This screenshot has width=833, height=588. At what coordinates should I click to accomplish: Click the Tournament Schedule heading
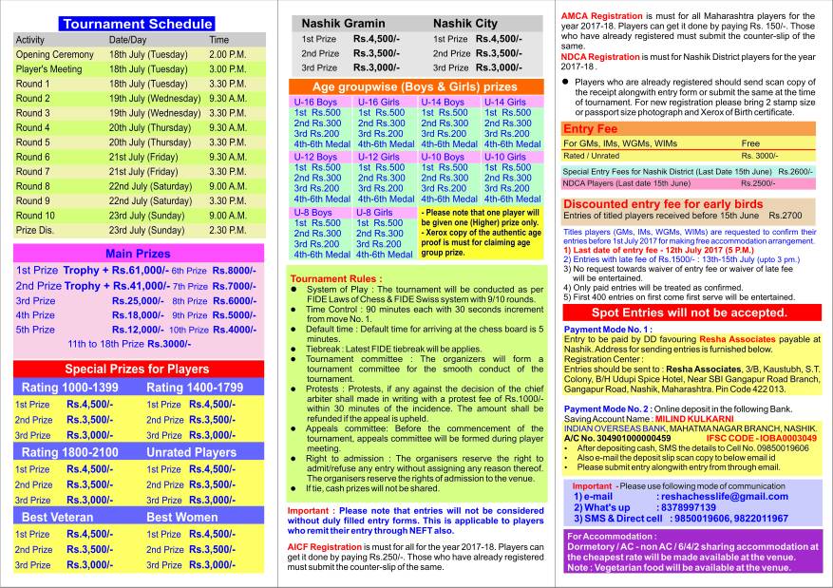click(137, 24)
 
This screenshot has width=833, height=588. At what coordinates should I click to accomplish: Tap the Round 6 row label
click(33, 158)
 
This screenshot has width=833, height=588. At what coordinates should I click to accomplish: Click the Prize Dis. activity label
click(36, 230)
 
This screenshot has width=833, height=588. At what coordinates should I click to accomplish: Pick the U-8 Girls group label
click(374, 212)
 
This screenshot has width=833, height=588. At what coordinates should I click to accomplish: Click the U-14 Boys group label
click(444, 102)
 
